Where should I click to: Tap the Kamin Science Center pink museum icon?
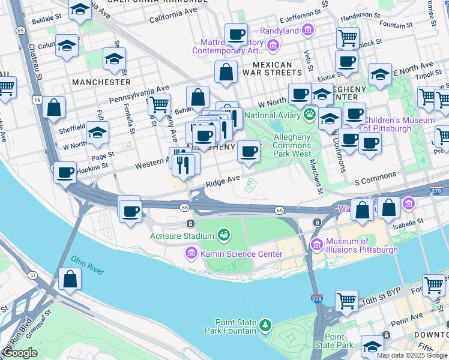pos(191,254)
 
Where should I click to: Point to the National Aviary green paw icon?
pos(310,115)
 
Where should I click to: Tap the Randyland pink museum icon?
pos(308,29)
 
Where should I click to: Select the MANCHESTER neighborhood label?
pos(101,82)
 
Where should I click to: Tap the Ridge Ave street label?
pos(223,179)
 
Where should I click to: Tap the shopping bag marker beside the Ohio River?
pos(70,279)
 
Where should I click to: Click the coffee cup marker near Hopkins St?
pos(65,173)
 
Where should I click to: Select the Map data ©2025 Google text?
pos(412,355)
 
